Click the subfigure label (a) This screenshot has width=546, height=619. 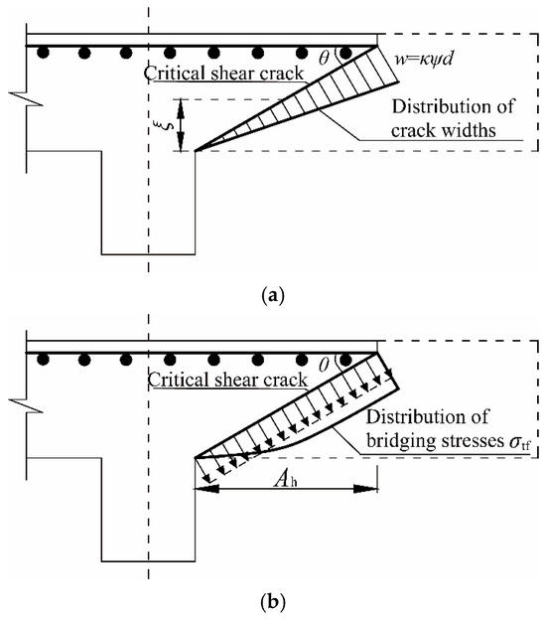[273, 295]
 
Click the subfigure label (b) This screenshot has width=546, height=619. [273, 602]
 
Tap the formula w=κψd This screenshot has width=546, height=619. [424, 60]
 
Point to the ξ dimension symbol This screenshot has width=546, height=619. [160, 125]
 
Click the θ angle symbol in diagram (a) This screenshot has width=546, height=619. [324, 59]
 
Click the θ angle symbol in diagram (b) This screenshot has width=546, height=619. [324, 366]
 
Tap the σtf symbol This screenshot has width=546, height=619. [519, 442]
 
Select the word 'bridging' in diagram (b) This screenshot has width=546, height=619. [401, 440]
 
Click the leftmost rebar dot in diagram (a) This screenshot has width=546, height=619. [43, 53]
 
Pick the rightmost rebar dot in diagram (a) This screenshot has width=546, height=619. [345, 53]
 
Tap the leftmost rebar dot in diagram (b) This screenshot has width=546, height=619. [43, 360]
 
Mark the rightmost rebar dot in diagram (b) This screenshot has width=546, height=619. [345, 360]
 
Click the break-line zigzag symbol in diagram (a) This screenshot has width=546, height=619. [26, 98]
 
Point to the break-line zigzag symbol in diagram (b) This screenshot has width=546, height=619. [26, 405]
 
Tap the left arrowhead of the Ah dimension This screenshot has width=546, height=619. [205, 490]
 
